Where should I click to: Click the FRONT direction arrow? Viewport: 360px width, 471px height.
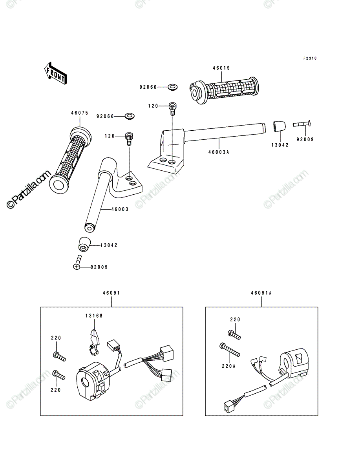click(55, 73)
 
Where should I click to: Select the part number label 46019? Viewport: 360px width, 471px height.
click(221, 68)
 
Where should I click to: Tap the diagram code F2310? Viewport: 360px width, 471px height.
click(310, 58)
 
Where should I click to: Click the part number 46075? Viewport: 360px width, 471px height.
click(80, 113)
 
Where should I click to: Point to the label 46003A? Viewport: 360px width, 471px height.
click(219, 152)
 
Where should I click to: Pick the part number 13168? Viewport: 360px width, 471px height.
click(94, 316)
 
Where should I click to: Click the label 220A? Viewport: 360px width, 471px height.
click(229, 366)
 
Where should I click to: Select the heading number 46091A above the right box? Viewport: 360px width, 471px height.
click(261, 293)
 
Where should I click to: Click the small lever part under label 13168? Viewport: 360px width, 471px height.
click(94, 343)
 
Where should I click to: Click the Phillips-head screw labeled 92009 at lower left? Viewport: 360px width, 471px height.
click(77, 262)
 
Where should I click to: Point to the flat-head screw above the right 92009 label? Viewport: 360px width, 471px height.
click(302, 124)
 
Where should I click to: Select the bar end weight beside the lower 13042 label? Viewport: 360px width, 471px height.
click(84, 244)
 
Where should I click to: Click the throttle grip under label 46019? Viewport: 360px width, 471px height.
click(224, 90)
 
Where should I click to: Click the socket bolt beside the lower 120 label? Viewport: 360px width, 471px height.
click(129, 139)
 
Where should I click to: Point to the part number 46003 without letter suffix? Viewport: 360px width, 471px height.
click(120, 209)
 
